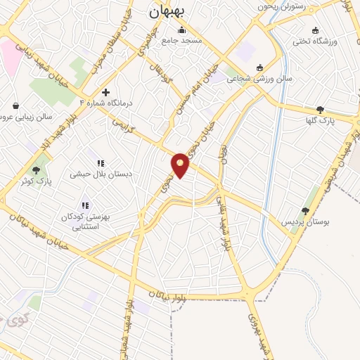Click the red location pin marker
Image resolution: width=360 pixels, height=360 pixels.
pyautogui.click(x=181, y=165)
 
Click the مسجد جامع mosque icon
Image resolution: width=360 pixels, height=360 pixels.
pyautogui.click(x=183, y=30)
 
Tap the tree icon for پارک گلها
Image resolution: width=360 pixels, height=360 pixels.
pyautogui.click(x=321, y=109)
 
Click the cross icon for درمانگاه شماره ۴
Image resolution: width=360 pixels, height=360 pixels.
pyautogui.click(x=105, y=91)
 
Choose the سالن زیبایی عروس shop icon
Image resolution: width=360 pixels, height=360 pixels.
pyautogui.click(x=15, y=105)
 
